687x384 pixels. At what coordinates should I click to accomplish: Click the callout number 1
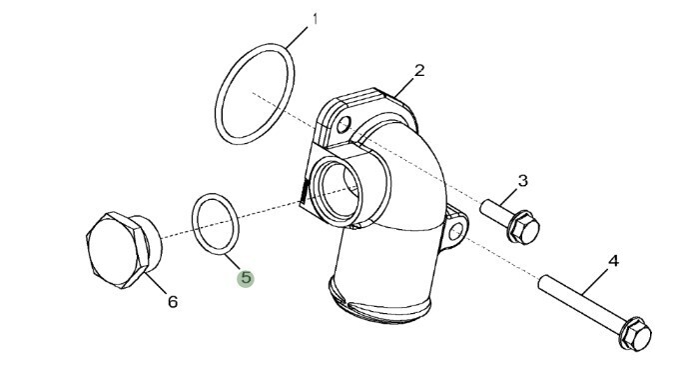tap(315, 19)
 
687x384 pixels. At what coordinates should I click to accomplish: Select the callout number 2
tap(419, 70)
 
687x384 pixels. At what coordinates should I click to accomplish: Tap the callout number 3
tap(522, 180)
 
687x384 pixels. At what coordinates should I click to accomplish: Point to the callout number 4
tap(613, 261)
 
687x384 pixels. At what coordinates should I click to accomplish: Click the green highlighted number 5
tap(246, 278)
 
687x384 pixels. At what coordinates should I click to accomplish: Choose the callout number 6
tap(173, 301)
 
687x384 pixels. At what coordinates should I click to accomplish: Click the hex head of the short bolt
tap(524, 227)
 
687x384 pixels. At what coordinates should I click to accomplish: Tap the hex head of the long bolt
tap(636, 334)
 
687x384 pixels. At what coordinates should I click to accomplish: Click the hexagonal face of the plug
tap(115, 249)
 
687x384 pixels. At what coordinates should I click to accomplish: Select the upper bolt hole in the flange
tap(344, 124)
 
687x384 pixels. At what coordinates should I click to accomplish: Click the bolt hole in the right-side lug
tap(456, 231)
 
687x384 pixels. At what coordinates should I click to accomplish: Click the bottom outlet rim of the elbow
tap(379, 303)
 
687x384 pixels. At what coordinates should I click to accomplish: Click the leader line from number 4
tap(595, 282)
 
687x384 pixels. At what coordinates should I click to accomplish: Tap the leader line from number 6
tap(155, 283)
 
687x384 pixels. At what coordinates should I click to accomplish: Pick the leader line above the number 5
tap(233, 262)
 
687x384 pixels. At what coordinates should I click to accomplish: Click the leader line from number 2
tap(404, 87)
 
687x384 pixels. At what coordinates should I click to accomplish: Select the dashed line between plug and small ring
tap(177, 234)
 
